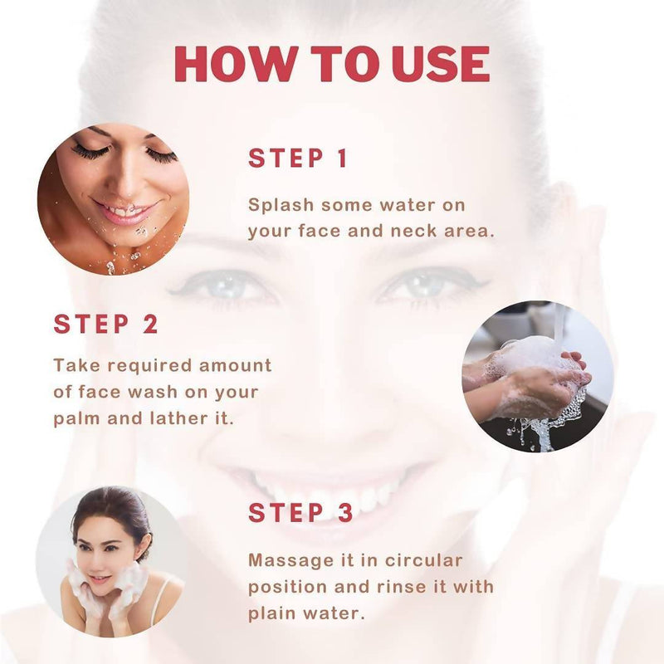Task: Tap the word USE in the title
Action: tap(442, 64)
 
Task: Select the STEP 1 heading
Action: tap(298, 159)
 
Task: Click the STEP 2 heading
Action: tap(105, 324)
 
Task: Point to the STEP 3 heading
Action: tap(300, 512)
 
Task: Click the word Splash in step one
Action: tap(281, 205)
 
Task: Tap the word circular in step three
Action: tap(423, 561)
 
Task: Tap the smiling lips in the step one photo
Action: tap(124, 213)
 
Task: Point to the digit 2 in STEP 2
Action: tap(149, 324)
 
